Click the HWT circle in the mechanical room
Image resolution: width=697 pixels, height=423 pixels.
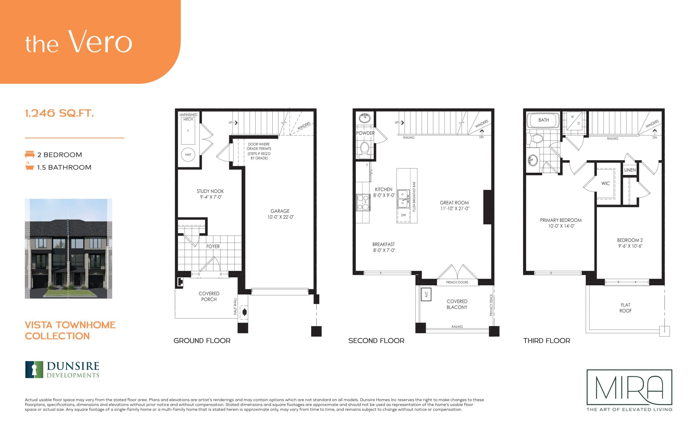pyautogui.click(x=188, y=155)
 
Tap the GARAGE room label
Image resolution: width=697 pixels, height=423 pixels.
pyautogui.click(x=280, y=211)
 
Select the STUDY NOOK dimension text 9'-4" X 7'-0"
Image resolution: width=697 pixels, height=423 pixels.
pyautogui.click(x=211, y=197)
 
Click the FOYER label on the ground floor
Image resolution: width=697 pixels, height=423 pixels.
pyautogui.click(x=213, y=246)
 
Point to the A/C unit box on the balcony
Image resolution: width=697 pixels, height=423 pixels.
pyautogui.click(x=426, y=294)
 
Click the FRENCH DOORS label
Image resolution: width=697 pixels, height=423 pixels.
pyautogui.click(x=457, y=282)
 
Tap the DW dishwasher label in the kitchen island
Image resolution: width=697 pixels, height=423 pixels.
pyautogui.click(x=403, y=215)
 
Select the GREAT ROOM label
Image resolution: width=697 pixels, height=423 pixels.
pyautogui.click(x=454, y=203)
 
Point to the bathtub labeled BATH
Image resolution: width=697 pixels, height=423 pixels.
pyautogui.click(x=543, y=120)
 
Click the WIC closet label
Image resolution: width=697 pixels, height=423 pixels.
pyautogui.click(x=605, y=183)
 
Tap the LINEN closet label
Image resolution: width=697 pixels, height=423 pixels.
pyautogui.click(x=630, y=170)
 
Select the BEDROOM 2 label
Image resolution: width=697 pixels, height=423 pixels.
pyautogui.click(x=630, y=240)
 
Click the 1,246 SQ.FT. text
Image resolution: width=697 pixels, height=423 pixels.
pyautogui.click(x=59, y=113)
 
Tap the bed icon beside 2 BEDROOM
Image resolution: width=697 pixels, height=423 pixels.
pyautogui.click(x=29, y=154)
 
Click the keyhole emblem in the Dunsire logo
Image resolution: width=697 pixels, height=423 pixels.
pyautogui.click(x=34, y=369)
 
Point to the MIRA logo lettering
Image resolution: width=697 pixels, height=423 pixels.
pyautogui.click(x=629, y=387)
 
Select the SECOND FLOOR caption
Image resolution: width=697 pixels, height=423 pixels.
pyautogui.click(x=376, y=341)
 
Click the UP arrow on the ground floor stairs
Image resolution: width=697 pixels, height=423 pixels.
pyautogui.click(x=235, y=123)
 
